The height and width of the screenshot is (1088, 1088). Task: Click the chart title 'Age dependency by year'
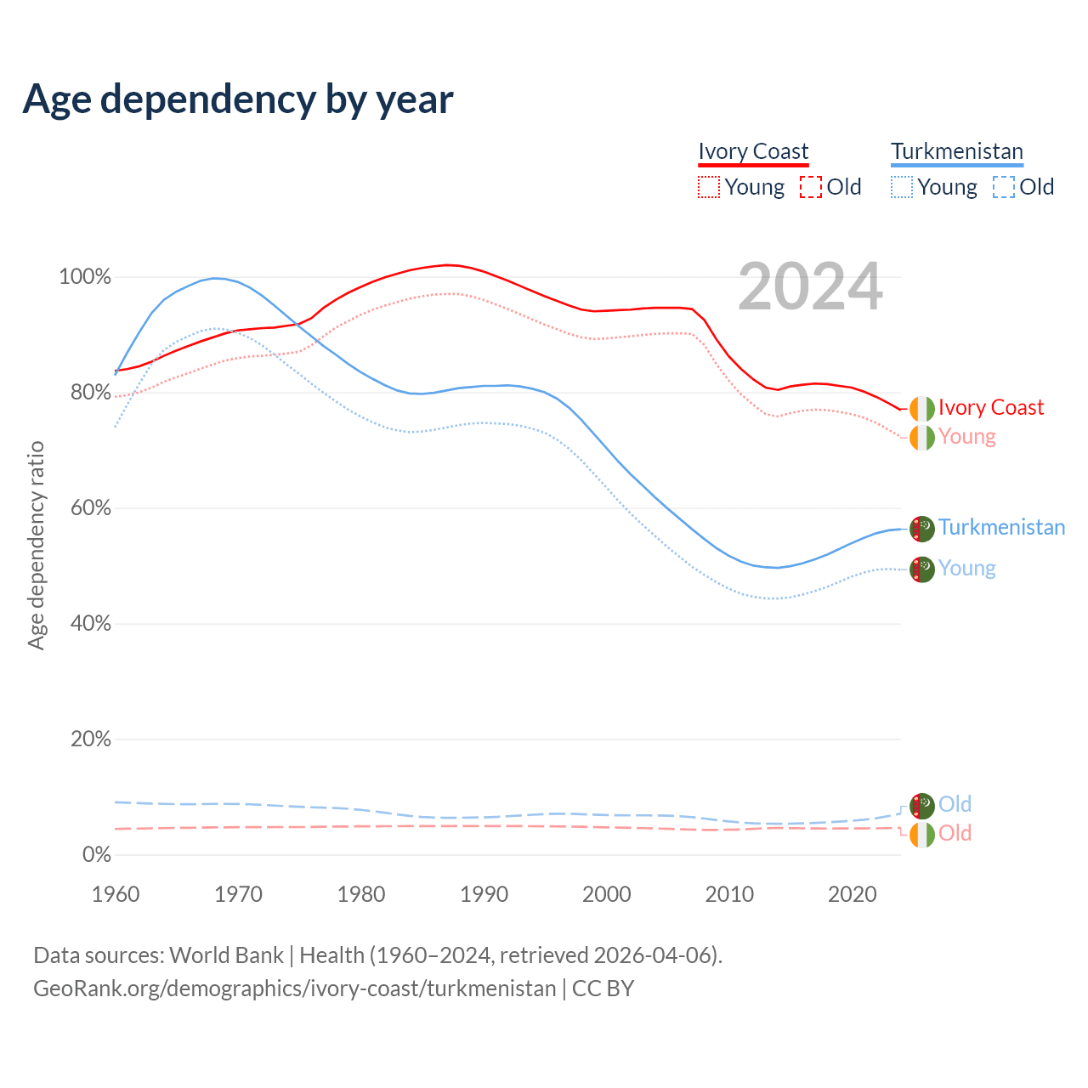(x=238, y=99)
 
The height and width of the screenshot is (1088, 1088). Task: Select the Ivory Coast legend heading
(x=753, y=151)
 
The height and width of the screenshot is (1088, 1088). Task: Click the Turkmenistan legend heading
(x=957, y=151)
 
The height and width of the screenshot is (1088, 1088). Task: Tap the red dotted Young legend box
(x=708, y=187)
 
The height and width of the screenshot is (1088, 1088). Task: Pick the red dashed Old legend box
(x=811, y=187)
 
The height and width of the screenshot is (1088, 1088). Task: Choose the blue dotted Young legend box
(x=902, y=187)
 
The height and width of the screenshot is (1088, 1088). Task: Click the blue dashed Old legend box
(x=1004, y=187)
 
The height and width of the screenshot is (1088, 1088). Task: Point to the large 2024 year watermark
(x=810, y=286)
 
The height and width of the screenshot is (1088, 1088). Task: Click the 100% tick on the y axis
(x=85, y=277)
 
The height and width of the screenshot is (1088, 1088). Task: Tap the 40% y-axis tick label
(x=88, y=624)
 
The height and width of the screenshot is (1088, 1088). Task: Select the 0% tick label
(x=96, y=855)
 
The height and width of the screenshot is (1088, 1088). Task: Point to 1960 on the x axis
(x=116, y=894)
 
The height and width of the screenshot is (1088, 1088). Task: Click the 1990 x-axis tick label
(x=484, y=894)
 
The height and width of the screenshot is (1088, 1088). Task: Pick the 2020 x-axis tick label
(x=853, y=894)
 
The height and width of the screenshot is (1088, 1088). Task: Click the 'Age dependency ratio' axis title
(x=36, y=545)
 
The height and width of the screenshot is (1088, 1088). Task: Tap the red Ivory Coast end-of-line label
(x=990, y=408)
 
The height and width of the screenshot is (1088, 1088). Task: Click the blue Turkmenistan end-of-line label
(x=1001, y=528)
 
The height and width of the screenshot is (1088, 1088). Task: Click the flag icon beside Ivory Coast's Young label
(x=922, y=438)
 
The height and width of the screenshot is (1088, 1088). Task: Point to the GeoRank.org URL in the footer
(x=294, y=989)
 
